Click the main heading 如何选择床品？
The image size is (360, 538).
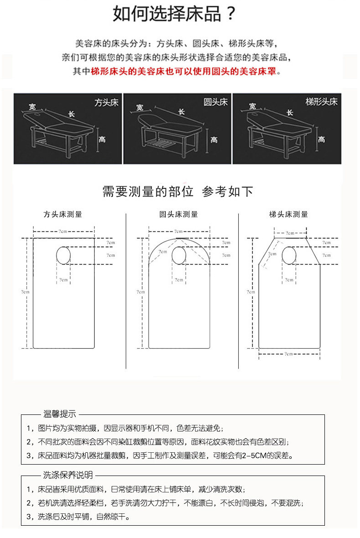pos(175,15)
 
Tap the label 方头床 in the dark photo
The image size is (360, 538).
pos(106,103)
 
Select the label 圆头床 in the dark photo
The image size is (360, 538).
pos(215,102)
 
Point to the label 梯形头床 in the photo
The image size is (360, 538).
pos(321,102)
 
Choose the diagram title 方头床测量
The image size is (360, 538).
pos(63,214)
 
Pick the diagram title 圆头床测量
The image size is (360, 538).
pos(179,214)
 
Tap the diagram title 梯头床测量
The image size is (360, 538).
pos(288,214)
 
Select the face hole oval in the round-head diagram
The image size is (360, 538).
pos(179,255)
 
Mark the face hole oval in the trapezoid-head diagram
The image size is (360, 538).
pos(289,255)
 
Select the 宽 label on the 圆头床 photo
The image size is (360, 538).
pos(140,108)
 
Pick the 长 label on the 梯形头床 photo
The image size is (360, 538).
pos(290,113)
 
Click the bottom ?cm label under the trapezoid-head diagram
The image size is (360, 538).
pos(288,353)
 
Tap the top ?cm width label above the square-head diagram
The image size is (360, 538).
pos(63,232)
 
